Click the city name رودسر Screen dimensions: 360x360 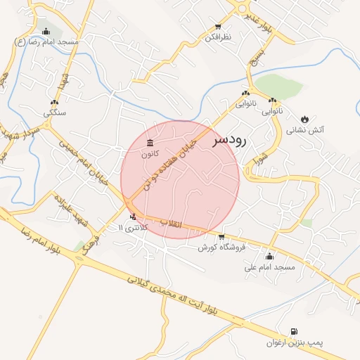pos(229,141)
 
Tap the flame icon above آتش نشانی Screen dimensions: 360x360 pos(305,119)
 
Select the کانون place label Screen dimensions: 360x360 pos(150,153)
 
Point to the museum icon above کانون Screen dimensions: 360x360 pos(149,143)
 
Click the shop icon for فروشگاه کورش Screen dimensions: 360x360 pos(221,237)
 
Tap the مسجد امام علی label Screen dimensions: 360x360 pos(270,268)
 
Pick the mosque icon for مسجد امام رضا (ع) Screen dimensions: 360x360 pos(46,31)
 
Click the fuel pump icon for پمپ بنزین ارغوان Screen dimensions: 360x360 pos(293,331)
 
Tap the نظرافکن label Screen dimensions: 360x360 pos(218,37)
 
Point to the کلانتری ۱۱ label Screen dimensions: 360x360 pos(134,228)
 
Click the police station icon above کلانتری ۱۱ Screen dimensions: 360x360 pos(133,217)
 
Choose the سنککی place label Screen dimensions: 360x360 pos(54,112)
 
